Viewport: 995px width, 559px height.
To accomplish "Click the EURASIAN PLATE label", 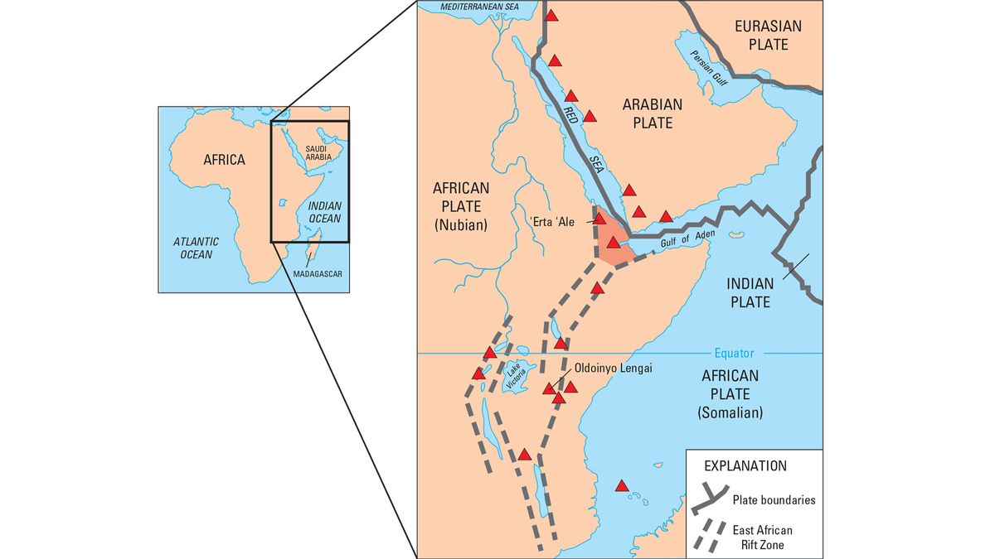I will (769, 35).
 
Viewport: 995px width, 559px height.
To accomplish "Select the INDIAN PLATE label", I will (750, 292).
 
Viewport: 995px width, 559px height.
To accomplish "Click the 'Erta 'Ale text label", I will (556, 220).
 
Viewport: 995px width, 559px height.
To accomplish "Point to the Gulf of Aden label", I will (687, 239).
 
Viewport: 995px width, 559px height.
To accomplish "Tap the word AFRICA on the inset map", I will (224, 159).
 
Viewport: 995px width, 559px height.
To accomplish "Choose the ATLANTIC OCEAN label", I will (196, 248).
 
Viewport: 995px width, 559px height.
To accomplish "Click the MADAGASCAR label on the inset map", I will (318, 275).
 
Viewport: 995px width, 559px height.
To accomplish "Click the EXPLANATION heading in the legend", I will (745, 465).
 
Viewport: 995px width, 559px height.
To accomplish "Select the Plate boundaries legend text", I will (774, 500).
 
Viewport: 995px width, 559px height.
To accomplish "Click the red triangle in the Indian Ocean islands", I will (623, 486).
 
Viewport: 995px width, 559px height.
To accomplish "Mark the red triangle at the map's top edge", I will (551, 15).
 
